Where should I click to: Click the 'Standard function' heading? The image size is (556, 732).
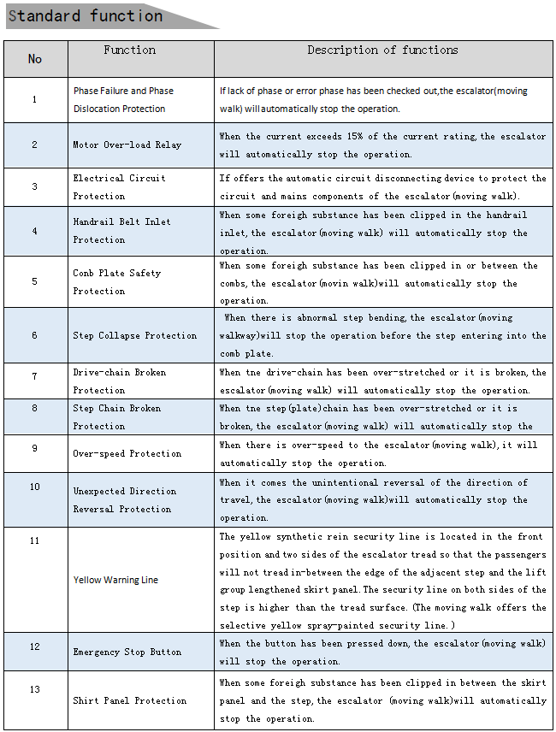[x=86, y=16]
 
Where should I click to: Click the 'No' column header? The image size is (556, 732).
[x=35, y=59]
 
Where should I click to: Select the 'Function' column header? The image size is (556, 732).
[x=130, y=50]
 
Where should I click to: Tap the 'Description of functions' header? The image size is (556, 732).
[x=382, y=50]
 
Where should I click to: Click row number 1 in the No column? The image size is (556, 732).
[x=35, y=99]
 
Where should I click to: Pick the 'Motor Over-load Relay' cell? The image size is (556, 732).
[x=127, y=145]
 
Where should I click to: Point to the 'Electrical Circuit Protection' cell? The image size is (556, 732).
[x=119, y=187]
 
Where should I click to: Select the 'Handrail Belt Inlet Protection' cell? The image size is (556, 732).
[x=121, y=231]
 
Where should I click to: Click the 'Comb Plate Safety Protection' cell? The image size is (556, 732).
[x=116, y=282]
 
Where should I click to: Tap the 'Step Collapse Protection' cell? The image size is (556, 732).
[x=134, y=336]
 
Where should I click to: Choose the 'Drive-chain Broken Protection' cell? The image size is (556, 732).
[x=119, y=381]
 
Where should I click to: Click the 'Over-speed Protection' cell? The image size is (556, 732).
[x=127, y=454]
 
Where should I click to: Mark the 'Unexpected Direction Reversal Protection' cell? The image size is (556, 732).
[x=124, y=500]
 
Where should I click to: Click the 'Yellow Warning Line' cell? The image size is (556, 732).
[x=115, y=581]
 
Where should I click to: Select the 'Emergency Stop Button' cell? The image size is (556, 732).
[x=127, y=652]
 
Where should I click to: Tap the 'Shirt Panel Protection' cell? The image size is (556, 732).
[x=129, y=701]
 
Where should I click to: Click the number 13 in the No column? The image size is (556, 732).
[x=35, y=689]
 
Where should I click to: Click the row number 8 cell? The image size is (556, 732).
[x=35, y=409]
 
